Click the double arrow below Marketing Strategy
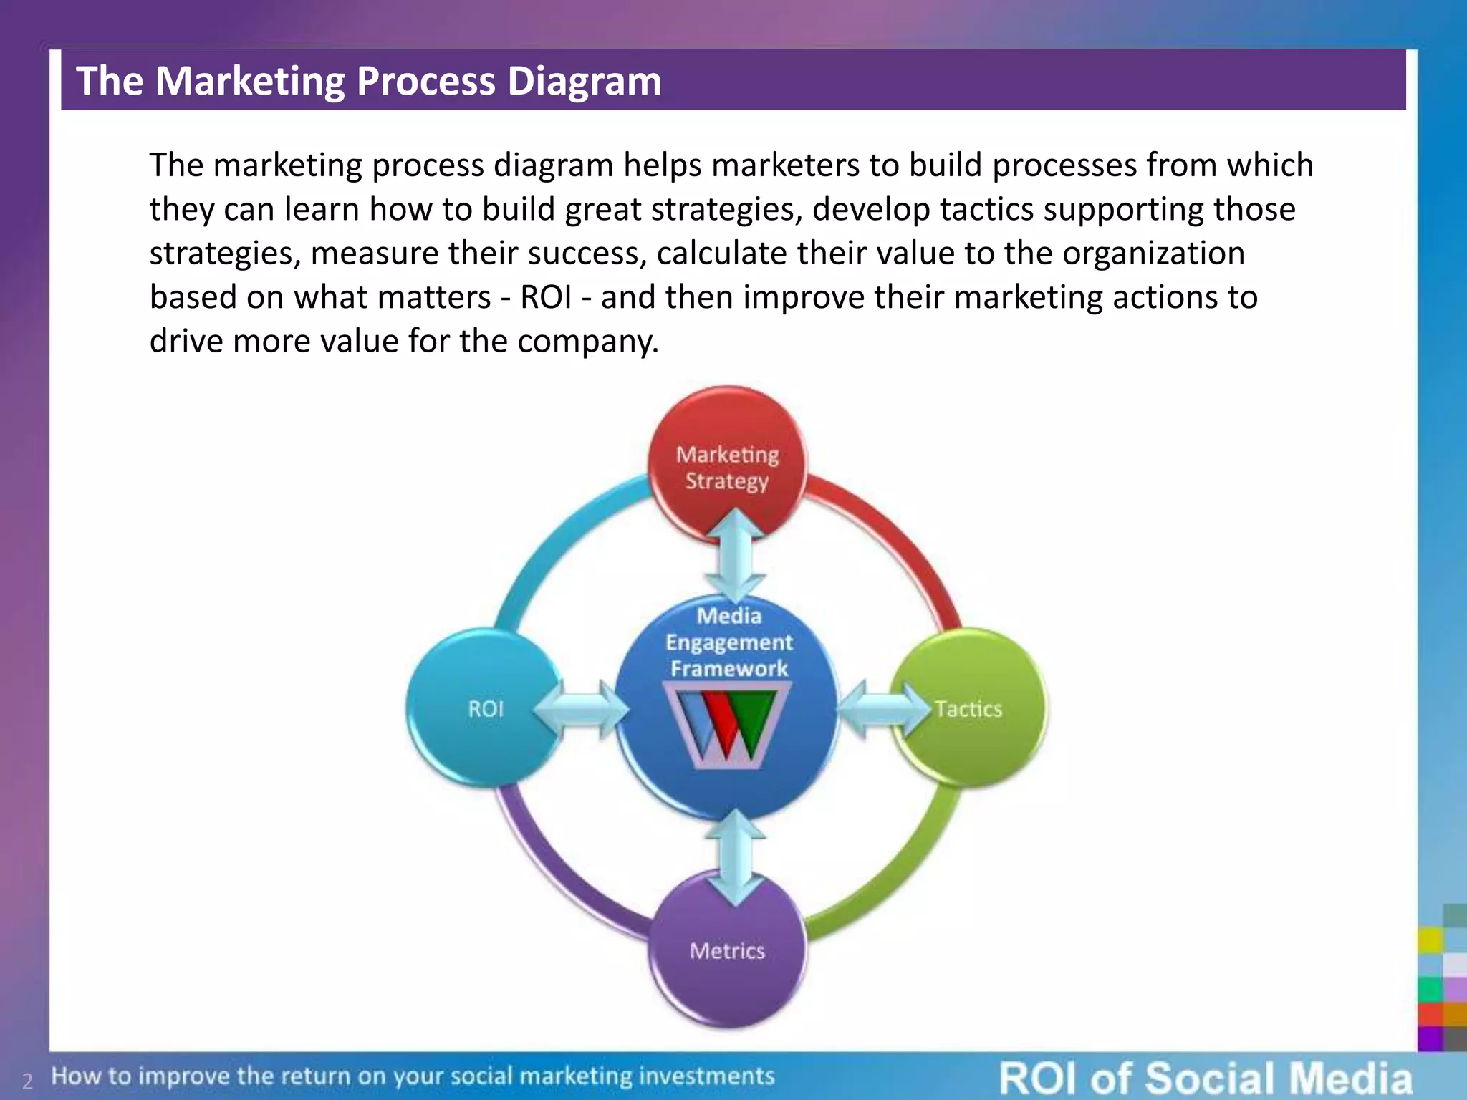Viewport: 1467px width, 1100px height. pos(734,556)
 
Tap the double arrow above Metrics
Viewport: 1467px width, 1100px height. pos(734,857)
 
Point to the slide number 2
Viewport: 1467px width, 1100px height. pos(27,1081)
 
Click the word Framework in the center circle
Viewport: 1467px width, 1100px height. pos(728,669)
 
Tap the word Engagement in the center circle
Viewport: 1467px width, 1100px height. pos(728,642)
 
